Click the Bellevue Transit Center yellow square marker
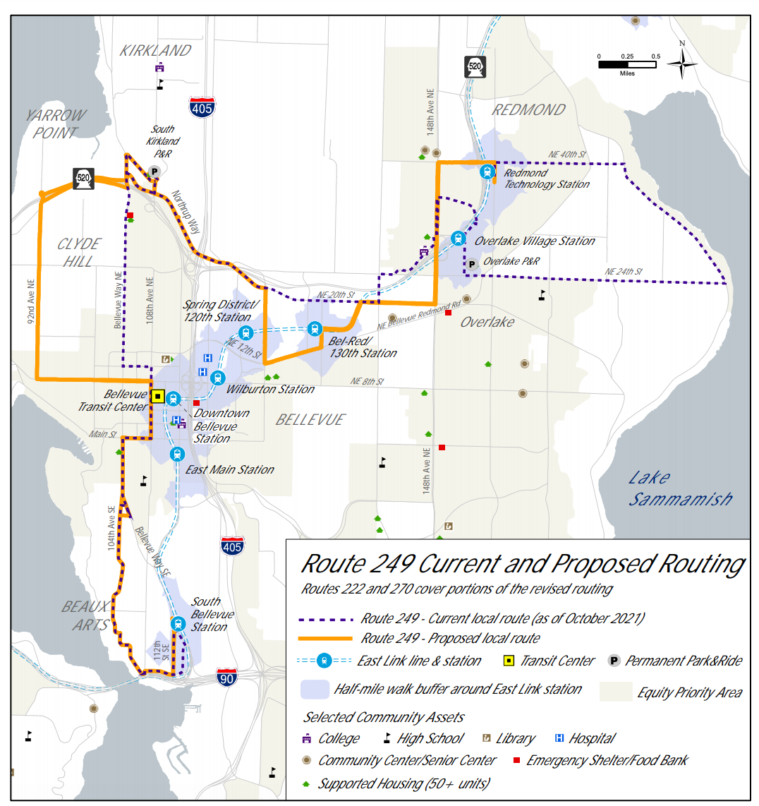158,397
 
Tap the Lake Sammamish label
679,488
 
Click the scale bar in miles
627,64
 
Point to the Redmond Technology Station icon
487,172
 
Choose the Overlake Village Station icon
459,239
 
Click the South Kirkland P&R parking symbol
154,172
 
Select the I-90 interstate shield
226,676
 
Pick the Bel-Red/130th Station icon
315,328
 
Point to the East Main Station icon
177,455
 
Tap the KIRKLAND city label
155,51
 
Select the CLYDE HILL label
79,252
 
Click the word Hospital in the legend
592,738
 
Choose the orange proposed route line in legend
325,639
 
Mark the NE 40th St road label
568,155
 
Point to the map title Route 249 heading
522,564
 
